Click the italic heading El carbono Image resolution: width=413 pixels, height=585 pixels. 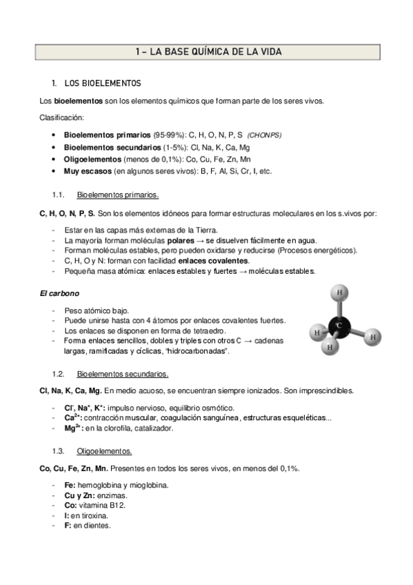pos(60,293)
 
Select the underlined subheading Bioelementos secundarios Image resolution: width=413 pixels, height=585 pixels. pos(123,374)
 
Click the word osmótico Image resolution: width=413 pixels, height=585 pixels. pos(219,407)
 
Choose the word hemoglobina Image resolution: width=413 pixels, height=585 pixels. pos(97,484)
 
